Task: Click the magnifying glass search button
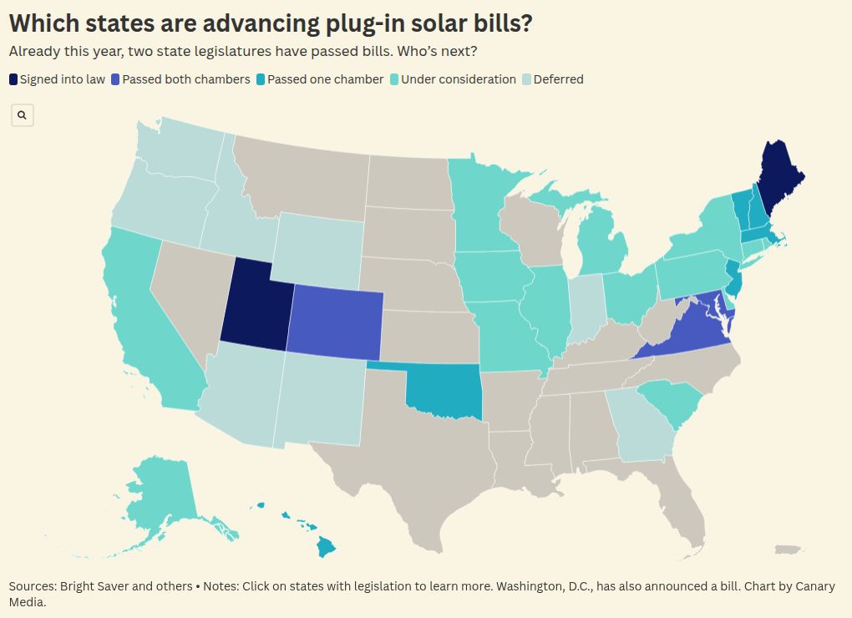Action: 23,115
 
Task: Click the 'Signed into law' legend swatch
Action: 13,79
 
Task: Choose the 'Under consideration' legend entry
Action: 458,79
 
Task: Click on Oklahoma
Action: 443,390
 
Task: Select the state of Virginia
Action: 685,330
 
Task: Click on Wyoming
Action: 316,246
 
